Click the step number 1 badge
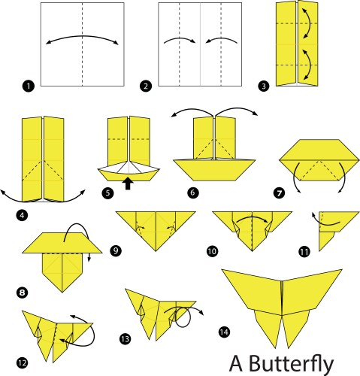click(29, 86)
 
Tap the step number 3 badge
click(263, 86)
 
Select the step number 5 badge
click(107, 193)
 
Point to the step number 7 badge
click(279, 193)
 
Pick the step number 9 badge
click(116, 250)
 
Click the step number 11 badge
click(304, 251)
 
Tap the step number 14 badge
click(224, 332)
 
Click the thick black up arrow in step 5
click(128, 183)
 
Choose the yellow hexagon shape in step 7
click(319, 160)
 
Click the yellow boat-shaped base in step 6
click(214, 170)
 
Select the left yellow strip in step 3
click(286, 44)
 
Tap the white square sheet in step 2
click(200, 44)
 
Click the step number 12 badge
click(23, 362)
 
